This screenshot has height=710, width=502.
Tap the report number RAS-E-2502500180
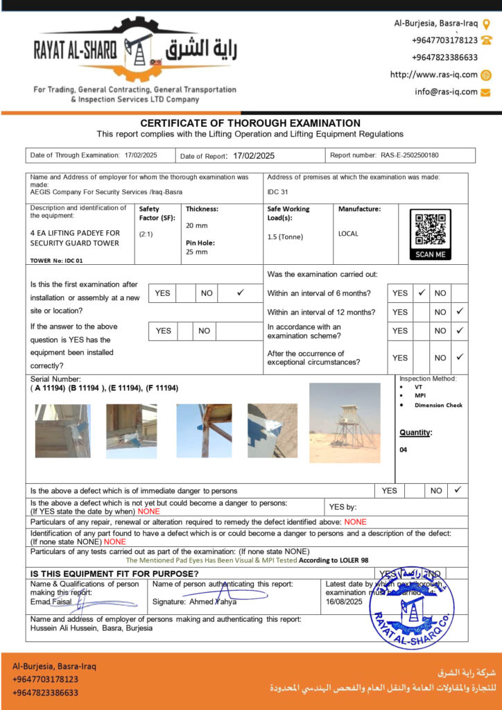tap(410, 156)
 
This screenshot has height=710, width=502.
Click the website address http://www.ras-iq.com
tap(434, 75)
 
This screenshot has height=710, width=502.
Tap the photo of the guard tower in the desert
tap(345, 422)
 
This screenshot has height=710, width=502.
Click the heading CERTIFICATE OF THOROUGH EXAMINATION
tap(250, 123)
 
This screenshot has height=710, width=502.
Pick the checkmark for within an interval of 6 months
tap(421, 293)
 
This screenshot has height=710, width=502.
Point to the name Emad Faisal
tap(51, 602)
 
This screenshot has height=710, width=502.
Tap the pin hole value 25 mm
tap(196, 252)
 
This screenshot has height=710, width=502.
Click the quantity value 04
tap(404, 450)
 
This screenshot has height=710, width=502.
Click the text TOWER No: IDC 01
tap(56, 261)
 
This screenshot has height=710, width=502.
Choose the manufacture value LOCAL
tap(348, 234)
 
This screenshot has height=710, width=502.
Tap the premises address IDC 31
tap(277, 192)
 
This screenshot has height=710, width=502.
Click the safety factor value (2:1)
tap(146, 234)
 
